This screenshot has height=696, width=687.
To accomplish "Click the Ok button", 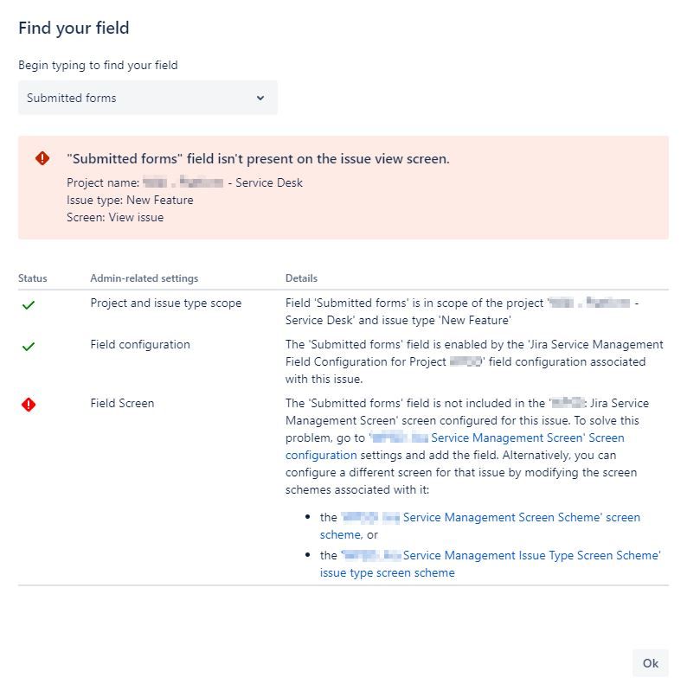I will click(651, 663).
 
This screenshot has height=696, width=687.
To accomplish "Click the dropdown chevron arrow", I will click(260, 98).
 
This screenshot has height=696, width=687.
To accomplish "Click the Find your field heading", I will click(74, 29).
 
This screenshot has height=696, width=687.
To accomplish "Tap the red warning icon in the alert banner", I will click(42, 158).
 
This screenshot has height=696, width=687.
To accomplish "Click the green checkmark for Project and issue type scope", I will click(29, 305).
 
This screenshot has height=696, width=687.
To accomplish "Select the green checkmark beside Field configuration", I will click(29, 347).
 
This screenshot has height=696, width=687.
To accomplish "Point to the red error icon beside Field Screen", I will click(29, 405).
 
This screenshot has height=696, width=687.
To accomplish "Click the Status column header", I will click(33, 278).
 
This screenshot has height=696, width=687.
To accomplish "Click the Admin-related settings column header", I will click(144, 278).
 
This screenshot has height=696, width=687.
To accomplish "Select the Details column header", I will click(301, 278).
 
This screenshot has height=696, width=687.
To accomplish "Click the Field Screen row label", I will click(122, 403).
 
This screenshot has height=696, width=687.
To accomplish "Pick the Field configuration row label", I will click(140, 344).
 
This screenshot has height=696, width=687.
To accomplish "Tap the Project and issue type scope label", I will click(166, 303).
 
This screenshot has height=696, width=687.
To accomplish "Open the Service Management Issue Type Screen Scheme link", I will click(531, 555).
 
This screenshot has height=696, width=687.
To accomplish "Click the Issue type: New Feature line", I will click(130, 200).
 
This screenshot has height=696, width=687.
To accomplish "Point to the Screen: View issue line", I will click(115, 217).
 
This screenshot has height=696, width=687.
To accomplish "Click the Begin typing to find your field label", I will click(98, 65).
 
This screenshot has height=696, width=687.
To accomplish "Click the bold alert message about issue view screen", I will click(258, 159).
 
